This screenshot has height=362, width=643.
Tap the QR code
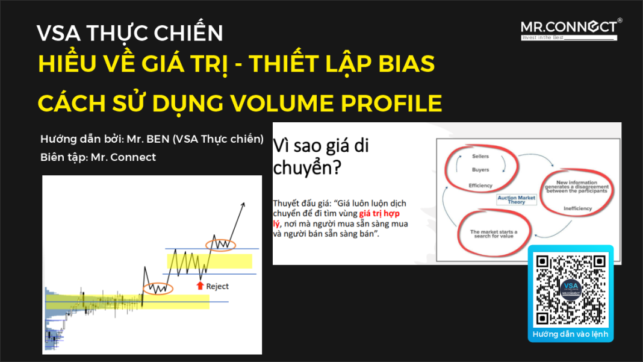(x=570, y=290)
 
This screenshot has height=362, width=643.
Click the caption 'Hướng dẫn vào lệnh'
(x=570, y=334)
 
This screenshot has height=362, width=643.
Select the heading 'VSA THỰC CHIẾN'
(x=129, y=33)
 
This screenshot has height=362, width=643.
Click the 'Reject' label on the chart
(x=217, y=286)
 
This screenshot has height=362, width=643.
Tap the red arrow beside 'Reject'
(x=200, y=286)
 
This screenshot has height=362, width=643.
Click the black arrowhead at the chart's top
(x=244, y=204)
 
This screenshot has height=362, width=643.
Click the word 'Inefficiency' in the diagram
(x=577, y=209)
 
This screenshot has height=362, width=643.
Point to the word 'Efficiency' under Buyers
(x=480, y=186)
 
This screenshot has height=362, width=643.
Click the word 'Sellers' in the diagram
(x=480, y=157)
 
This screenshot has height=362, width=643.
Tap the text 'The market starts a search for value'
(x=493, y=234)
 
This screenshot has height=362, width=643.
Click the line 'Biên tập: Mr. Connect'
(x=98, y=157)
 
